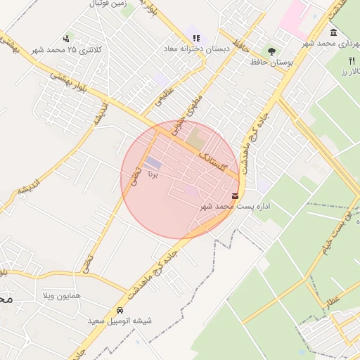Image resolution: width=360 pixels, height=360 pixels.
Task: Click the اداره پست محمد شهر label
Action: (x=224, y=206)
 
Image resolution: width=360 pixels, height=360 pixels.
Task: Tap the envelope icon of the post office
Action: (x=234, y=195)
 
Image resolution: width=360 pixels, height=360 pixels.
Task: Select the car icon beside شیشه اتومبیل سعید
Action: (x=120, y=310)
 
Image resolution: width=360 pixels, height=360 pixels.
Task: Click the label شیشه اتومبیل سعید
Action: (x=120, y=321)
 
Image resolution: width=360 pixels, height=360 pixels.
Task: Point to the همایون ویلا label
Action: (x=62, y=295)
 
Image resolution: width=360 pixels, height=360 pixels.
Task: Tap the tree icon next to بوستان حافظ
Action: (x=272, y=51)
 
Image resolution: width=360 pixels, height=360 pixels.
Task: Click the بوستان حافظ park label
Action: (x=271, y=63)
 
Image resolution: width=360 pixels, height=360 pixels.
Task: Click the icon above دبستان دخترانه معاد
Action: (x=196, y=38)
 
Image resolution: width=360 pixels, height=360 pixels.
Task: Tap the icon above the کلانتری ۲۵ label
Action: (x=66, y=38)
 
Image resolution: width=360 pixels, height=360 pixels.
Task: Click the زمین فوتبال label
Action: (x=108, y=4)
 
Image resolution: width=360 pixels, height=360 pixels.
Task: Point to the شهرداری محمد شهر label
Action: (x=331, y=43)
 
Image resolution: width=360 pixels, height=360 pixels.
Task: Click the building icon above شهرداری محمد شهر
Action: (x=333, y=32)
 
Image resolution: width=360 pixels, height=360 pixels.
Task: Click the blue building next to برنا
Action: (x=153, y=163)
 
